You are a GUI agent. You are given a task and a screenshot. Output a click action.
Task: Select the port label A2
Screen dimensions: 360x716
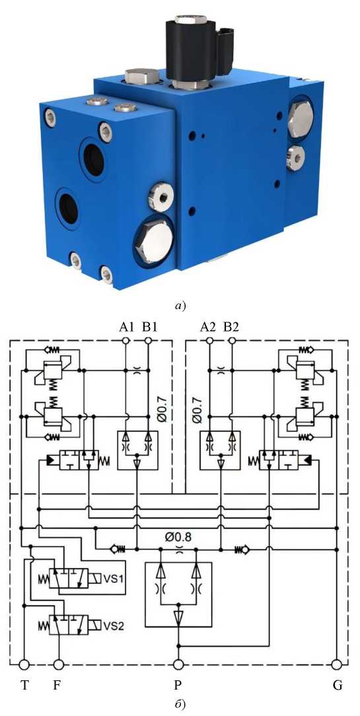pos(208,327)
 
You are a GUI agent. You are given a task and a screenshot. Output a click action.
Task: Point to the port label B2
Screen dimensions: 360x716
pos(231,327)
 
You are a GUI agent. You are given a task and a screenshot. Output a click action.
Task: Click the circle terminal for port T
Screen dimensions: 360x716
pos(23,664)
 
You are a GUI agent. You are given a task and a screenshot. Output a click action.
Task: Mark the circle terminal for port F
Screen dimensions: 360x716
pos(59,664)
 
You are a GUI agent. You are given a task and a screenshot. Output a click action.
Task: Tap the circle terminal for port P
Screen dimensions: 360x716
pos(178,664)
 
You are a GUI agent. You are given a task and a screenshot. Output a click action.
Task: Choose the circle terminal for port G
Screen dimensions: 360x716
pos(337,664)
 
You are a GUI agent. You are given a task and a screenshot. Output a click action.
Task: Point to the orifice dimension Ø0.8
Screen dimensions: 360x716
pos(178,536)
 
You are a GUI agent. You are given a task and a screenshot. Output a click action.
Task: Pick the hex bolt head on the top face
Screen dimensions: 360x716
pos(141,75)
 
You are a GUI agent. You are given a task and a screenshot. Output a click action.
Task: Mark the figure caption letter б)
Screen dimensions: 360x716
pos(180,703)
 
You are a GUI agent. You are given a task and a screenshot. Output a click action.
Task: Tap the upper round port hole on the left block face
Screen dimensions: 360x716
pos(94,158)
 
